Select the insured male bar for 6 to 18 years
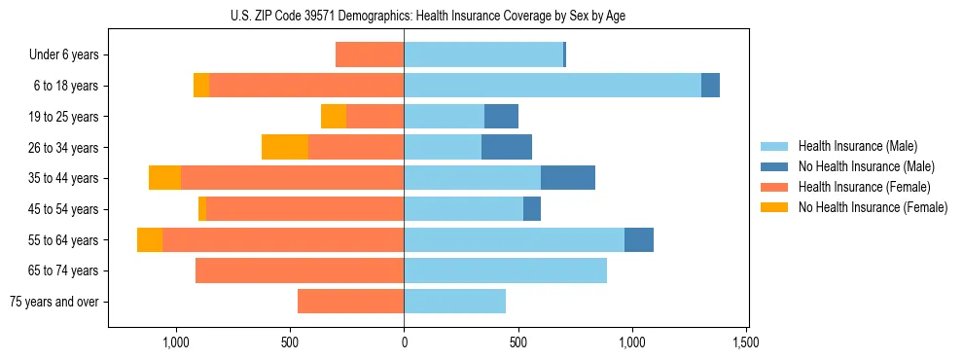click(x=553, y=86)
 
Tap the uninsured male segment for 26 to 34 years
click(x=507, y=147)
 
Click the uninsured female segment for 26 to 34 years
click(x=285, y=147)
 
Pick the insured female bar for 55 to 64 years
click(x=283, y=239)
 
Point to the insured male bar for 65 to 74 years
click(x=505, y=270)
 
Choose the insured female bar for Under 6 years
click(x=370, y=54)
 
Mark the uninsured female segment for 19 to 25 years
click(x=334, y=117)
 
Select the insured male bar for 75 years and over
click(x=454, y=302)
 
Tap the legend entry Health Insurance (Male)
click(x=857, y=146)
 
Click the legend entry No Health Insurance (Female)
click(x=873, y=207)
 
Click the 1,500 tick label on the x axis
click(x=746, y=342)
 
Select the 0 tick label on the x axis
click(x=404, y=342)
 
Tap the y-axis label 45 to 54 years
click(x=63, y=209)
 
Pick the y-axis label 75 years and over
click(x=54, y=302)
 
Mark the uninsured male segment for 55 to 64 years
click(x=639, y=239)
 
